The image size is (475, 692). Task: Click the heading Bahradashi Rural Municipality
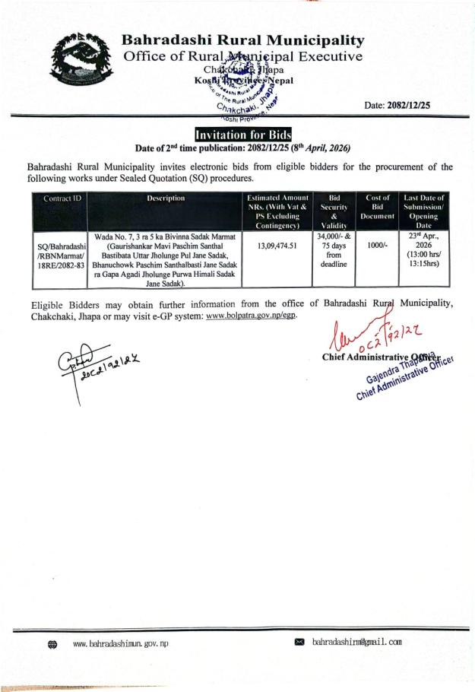click(243, 40)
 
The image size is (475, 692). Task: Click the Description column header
click(166, 198)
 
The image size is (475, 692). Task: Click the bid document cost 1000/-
click(378, 246)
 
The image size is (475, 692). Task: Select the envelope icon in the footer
click(299, 643)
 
